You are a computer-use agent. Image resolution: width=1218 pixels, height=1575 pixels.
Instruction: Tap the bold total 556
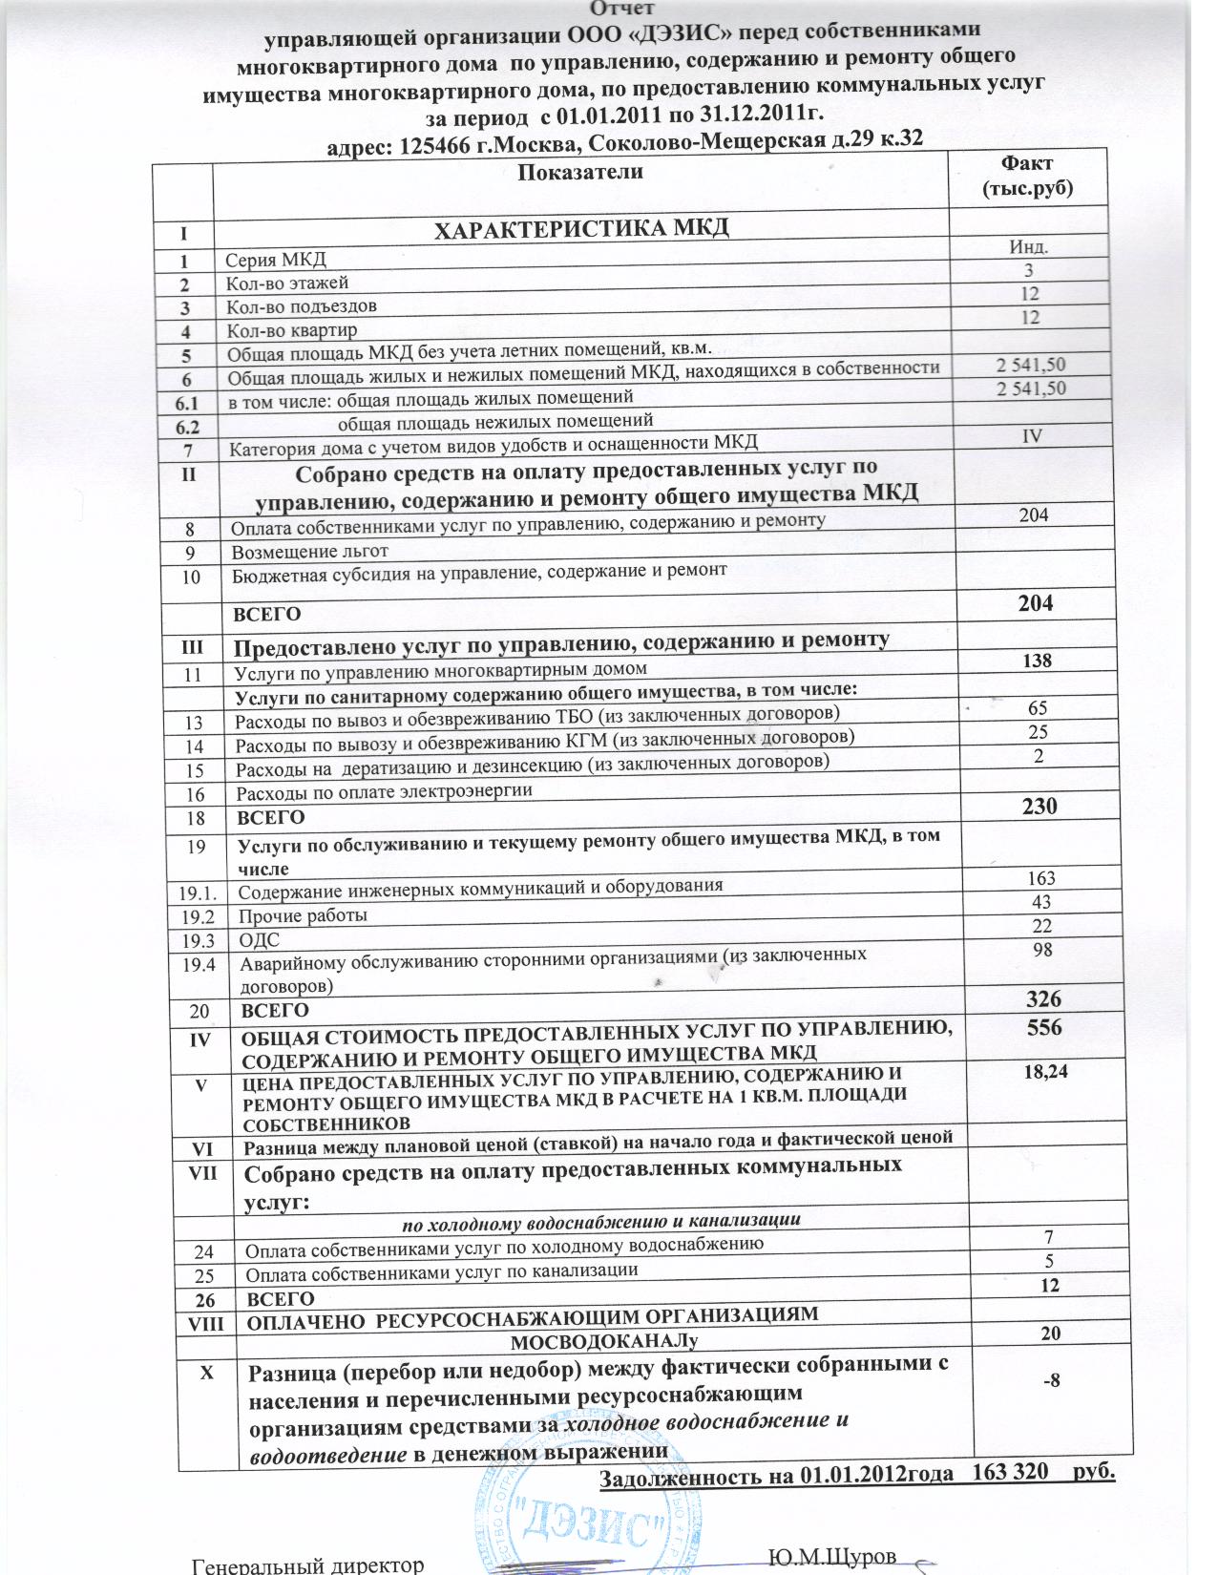click(1043, 1029)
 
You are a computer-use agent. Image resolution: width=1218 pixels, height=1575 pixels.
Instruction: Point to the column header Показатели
click(579, 172)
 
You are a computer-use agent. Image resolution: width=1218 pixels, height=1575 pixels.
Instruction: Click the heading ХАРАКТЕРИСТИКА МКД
click(581, 228)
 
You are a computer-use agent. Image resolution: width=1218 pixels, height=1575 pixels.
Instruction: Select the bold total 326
click(1042, 999)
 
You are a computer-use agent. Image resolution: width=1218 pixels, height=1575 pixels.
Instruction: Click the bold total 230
click(1039, 807)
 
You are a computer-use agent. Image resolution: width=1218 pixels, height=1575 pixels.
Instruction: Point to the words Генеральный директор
click(307, 1565)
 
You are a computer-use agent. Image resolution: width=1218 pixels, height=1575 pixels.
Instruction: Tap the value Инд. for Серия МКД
click(1030, 247)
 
